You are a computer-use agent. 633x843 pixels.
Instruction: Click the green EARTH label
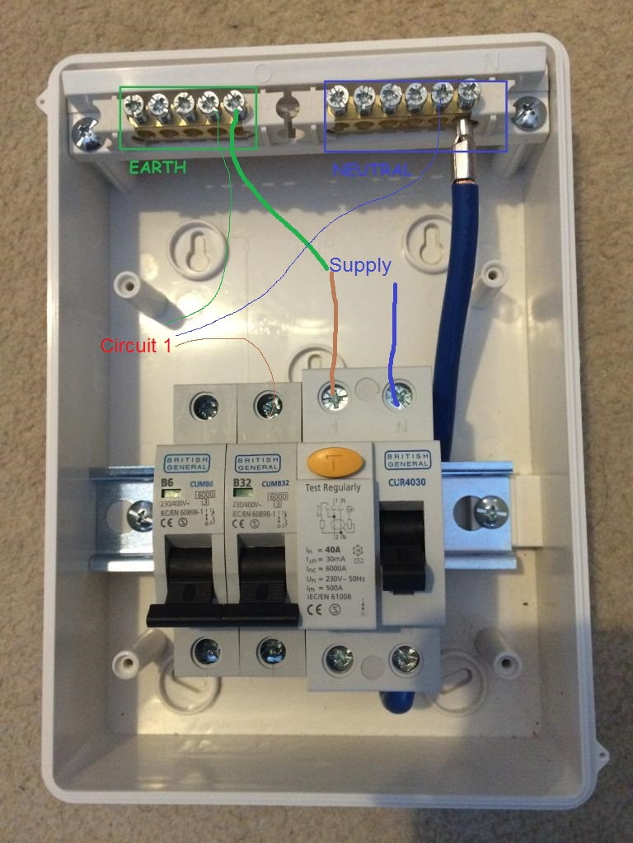(x=157, y=168)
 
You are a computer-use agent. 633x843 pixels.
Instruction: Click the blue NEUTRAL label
(x=371, y=170)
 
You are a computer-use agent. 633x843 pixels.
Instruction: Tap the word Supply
(x=360, y=266)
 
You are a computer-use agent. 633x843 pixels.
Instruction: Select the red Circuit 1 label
(x=136, y=345)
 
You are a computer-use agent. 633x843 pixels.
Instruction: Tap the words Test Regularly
(x=334, y=487)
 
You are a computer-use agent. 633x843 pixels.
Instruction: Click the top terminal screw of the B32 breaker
(x=268, y=404)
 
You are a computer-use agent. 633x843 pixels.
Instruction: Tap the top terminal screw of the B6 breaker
(x=203, y=404)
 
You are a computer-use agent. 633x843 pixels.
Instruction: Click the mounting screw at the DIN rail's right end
(x=491, y=512)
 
